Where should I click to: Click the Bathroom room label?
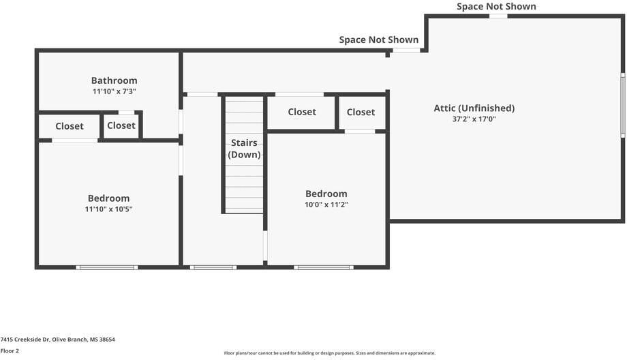click(114, 80)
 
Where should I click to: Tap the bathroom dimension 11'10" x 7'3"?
click(114, 91)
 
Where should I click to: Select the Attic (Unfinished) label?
click(474, 108)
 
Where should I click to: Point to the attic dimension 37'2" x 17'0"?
click(474, 119)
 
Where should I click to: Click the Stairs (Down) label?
click(244, 149)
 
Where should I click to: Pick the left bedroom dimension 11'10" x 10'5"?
click(108, 209)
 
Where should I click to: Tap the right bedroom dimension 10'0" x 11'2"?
click(326, 205)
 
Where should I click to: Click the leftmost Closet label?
click(70, 126)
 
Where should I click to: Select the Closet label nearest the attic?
click(361, 112)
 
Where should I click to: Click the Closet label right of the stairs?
click(302, 112)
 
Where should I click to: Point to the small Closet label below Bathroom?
click(121, 125)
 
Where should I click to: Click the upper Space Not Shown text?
click(496, 7)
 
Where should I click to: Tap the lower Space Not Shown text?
click(379, 40)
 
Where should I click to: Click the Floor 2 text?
click(10, 350)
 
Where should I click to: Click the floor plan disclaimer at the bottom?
click(329, 353)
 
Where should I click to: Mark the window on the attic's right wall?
click(622, 106)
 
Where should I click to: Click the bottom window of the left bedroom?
click(107, 267)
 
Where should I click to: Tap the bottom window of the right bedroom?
click(324, 267)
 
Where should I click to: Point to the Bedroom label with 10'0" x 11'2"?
click(326, 194)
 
